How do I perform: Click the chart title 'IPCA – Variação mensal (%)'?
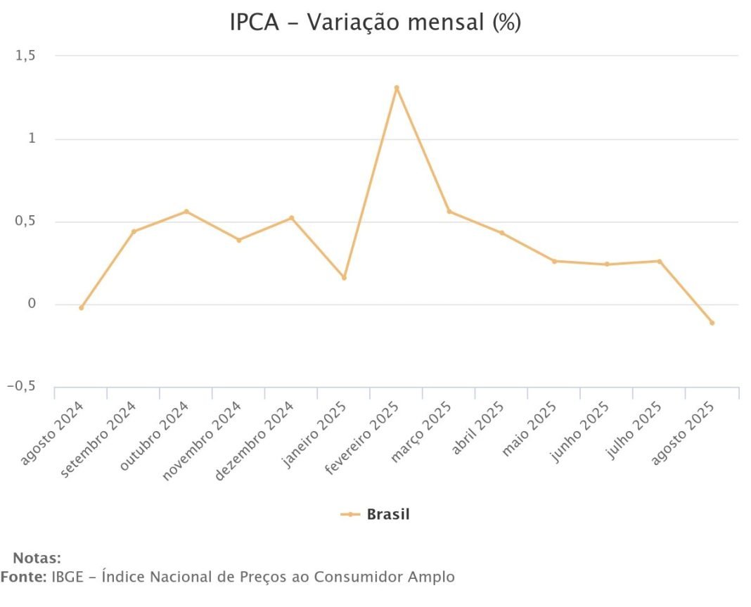pyautogui.click(x=375, y=23)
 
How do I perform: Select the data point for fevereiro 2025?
pyautogui.click(x=397, y=87)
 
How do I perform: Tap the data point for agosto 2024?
pyautogui.click(x=82, y=308)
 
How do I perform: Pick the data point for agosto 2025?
pyautogui.click(x=712, y=323)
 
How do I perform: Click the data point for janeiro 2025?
pyautogui.click(x=344, y=278)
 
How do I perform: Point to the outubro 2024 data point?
pyautogui.click(x=186, y=211)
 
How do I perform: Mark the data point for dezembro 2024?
pyautogui.click(x=291, y=217)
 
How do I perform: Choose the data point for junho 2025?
pyautogui.click(x=607, y=264)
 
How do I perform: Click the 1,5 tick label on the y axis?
pyautogui.click(x=25, y=56)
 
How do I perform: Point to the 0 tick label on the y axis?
pyautogui.click(x=32, y=305)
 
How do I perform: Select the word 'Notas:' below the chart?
pyautogui.click(x=37, y=559)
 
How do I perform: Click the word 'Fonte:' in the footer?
pyautogui.click(x=23, y=577)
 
